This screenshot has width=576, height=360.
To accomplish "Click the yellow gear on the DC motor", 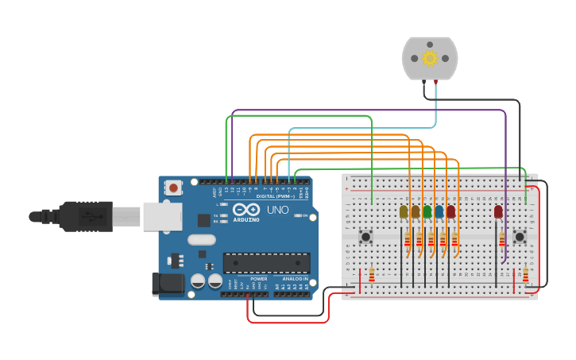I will (x=430, y=58).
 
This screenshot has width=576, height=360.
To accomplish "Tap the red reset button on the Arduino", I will (x=173, y=188).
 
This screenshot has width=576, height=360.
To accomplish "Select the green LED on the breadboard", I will (x=427, y=211).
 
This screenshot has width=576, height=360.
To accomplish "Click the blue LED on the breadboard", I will (x=439, y=211).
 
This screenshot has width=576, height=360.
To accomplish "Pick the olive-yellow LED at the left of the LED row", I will (x=404, y=211).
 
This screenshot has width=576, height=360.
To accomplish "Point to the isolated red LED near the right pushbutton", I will (x=498, y=211).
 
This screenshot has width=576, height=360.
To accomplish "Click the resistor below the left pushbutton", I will (x=372, y=275).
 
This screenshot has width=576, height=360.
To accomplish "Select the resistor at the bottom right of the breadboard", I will (x=525, y=275).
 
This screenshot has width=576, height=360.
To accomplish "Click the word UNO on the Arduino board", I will (x=277, y=210).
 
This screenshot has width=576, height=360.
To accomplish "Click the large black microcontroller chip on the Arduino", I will (x=266, y=262).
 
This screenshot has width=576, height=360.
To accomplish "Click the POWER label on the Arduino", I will (x=259, y=279).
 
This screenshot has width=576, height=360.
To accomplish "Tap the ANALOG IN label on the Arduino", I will (x=293, y=279).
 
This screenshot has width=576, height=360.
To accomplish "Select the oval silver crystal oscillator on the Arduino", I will (x=202, y=239).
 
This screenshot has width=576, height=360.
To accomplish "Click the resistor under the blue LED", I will (x=443, y=241).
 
